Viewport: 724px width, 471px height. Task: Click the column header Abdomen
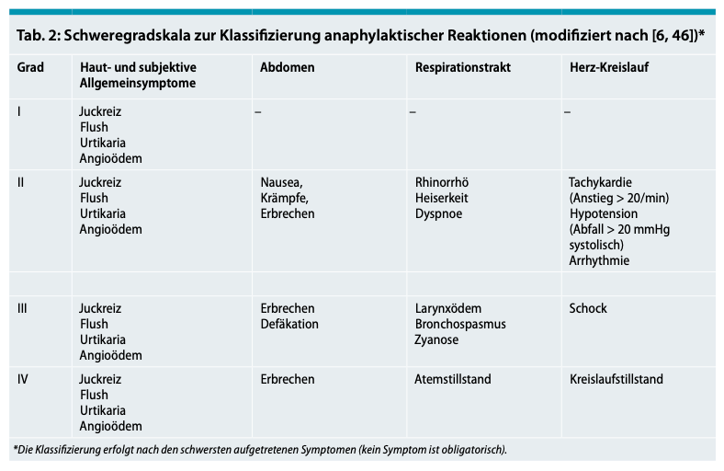click(288, 68)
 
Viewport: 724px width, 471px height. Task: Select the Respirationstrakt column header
click(463, 68)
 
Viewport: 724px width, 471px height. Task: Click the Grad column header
click(30, 68)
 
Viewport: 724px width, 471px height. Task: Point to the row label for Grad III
click(24, 309)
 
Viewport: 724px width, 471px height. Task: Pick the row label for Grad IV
click(24, 379)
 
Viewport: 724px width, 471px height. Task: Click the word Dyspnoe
click(439, 213)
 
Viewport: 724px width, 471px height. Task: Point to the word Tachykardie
click(601, 182)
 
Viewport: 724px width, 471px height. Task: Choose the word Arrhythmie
click(599, 260)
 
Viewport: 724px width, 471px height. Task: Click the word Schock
click(588, 309)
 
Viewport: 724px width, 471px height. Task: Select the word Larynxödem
click(448, 309)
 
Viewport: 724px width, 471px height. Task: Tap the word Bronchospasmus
click(460, 325)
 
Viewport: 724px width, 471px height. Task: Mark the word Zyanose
click(436, 340)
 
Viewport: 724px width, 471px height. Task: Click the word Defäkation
click(289, 325)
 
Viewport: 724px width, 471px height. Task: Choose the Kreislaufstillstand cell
click(616, 379)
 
